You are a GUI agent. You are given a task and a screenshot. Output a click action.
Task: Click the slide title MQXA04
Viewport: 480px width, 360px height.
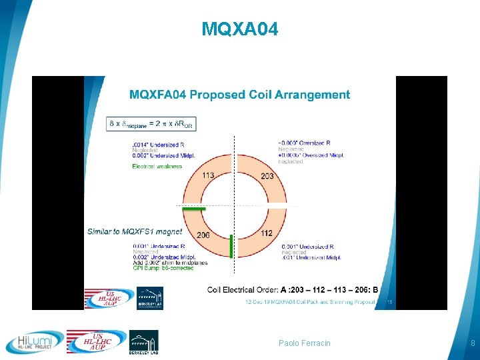pyautogui.click(x=239, y=29)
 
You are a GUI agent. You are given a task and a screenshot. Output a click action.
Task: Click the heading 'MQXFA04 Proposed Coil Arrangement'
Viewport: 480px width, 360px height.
pyautogui.click(x=239, y=95)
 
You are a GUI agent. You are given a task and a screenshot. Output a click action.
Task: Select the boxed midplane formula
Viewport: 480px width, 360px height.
pyautogui.click(x=151, y=124)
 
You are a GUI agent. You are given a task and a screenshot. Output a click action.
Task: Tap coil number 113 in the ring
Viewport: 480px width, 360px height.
pyautogui.click(x=207, y=176)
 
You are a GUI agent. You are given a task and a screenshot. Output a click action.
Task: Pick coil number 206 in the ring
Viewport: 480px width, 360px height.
pyautogui.click(x=203, y=235)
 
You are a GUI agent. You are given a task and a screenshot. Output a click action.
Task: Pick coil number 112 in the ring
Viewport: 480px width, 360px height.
pyautogui.click(x=266, y=233)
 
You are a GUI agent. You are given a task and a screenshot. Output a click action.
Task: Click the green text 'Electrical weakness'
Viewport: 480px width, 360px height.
pyautogui.click(x=157, y=166)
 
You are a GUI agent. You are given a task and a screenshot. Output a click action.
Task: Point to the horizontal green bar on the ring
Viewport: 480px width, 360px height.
pyautogui.click(x=195, y=209)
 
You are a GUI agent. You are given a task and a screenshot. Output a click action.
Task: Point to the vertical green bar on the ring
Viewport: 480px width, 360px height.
pyautogui.click(x=231, y=245)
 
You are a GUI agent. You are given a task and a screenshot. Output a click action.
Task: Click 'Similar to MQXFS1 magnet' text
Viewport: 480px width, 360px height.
pyautogui.click(x=134, y=231)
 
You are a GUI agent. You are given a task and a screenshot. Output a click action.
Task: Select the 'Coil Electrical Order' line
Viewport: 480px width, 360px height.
pyautogui.click(x=293, y=289)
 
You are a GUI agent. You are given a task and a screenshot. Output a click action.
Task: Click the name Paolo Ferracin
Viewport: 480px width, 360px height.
pyautogui.click(x=304, y=343)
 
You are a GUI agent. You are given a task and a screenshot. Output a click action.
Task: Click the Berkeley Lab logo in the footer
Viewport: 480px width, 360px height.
pyautogui.click(x=143, y=342)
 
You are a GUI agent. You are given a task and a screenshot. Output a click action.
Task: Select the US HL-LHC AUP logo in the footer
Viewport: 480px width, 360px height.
pyautogui.click(x=97, y=342)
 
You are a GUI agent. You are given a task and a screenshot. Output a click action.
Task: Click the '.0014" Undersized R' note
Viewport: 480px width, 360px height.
pyautogui.click(x=157, y=143)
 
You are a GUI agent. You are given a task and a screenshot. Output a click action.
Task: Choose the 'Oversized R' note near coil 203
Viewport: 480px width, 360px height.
pyautogui.click(x=304, y=143)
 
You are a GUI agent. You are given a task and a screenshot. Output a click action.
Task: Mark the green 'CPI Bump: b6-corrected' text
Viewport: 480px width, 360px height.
pyautogui.click(x=163, y=269)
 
